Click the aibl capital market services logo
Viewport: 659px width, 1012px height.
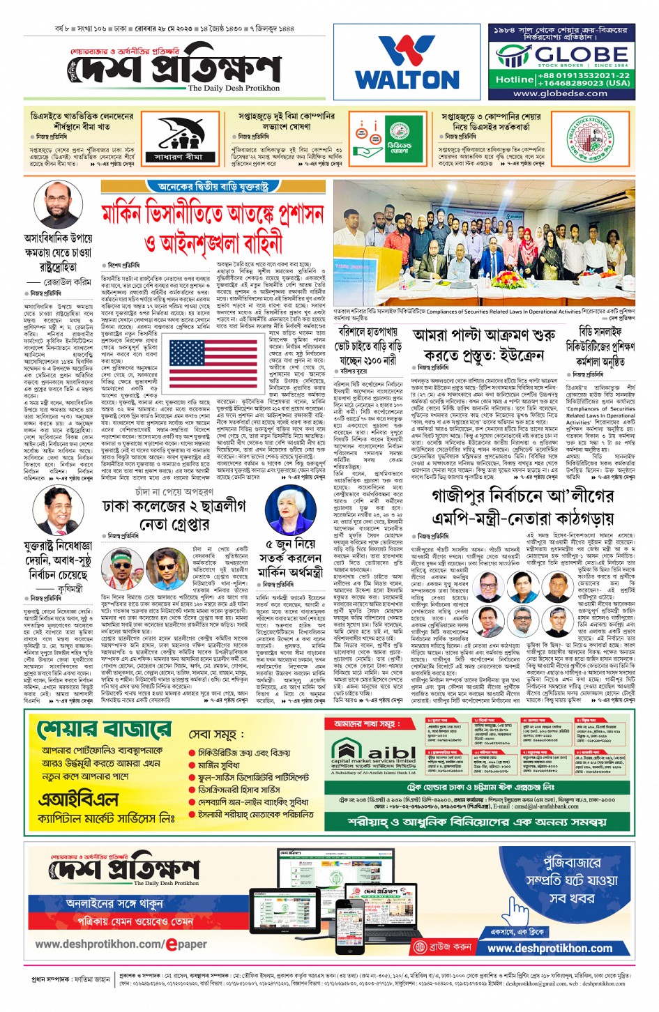coord(374,755)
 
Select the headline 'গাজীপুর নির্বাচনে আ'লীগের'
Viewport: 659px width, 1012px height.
coord(523,496)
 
